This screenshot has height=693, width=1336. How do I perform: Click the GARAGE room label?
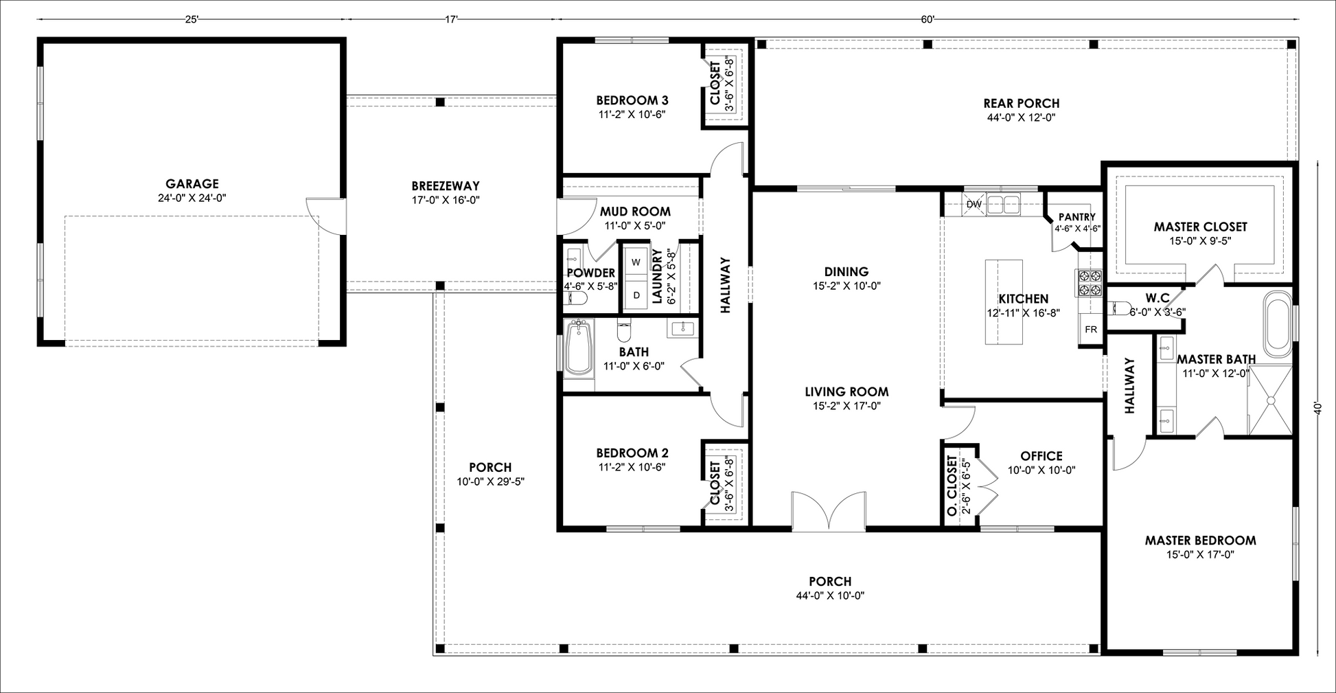click(x=192, y=183)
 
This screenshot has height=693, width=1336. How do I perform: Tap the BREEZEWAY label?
click(x=446, y=185)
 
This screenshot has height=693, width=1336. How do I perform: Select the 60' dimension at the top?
click(x=928, y=20)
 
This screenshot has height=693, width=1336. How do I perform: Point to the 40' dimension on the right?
click(x=1317, y=408)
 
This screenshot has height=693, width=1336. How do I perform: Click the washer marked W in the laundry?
click(x=636, y=262)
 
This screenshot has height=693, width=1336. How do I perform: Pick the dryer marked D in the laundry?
click(x=636, y=295)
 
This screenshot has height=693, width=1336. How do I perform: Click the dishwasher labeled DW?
click(x=974, y=204)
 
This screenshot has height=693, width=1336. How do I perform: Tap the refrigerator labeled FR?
click(x=1091, y=329)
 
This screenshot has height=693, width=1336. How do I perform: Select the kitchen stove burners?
click(x=1087, y=284)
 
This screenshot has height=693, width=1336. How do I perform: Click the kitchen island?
click(x=1004, y=302)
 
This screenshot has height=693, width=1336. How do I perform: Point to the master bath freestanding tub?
click(x=1278, y=323)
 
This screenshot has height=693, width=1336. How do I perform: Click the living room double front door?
click(x=829, y=511)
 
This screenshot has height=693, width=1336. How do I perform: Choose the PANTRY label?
click(x=1077, y=217)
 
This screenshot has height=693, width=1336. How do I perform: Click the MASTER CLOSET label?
click(x=1200, y=227)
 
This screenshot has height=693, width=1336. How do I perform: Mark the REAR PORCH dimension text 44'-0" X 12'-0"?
click(x=1021, y=117)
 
